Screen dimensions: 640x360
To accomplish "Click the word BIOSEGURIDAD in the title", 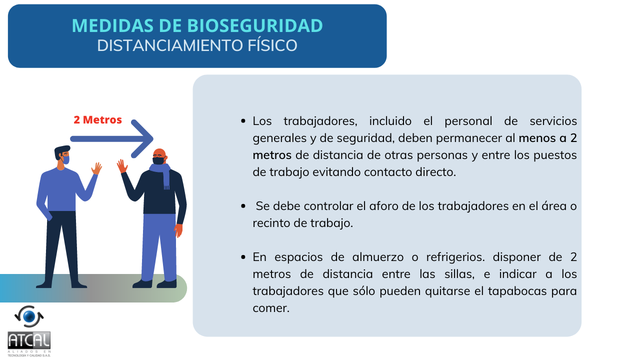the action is click(x=255, y=25).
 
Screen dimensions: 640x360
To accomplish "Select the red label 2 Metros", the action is click(x=97, y=119).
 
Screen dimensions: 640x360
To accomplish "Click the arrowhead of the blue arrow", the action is click(x=142, y=139).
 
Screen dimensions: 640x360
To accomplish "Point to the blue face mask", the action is click(x=66, y=159).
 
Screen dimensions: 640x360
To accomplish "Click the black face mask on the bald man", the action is click(x=158, y=160).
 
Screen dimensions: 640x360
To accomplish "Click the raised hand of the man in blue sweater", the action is click(x=96, y=168).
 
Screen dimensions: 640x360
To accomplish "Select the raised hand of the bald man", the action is click(x=122, y=165).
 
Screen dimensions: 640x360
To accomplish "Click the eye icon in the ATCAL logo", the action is click(x=29, y=316).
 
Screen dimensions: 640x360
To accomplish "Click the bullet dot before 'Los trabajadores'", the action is click(x=243, y=121).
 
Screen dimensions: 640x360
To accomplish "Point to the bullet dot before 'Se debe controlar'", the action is click(x=243, y=206).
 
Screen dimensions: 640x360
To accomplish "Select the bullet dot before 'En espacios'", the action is click(x=243, y=257).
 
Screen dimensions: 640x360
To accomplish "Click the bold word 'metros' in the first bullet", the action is click(x=272, y=155).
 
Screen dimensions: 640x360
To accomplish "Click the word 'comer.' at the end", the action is click(x=271, y=308).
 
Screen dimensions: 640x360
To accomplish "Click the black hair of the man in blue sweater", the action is click(x=61, y=151).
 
